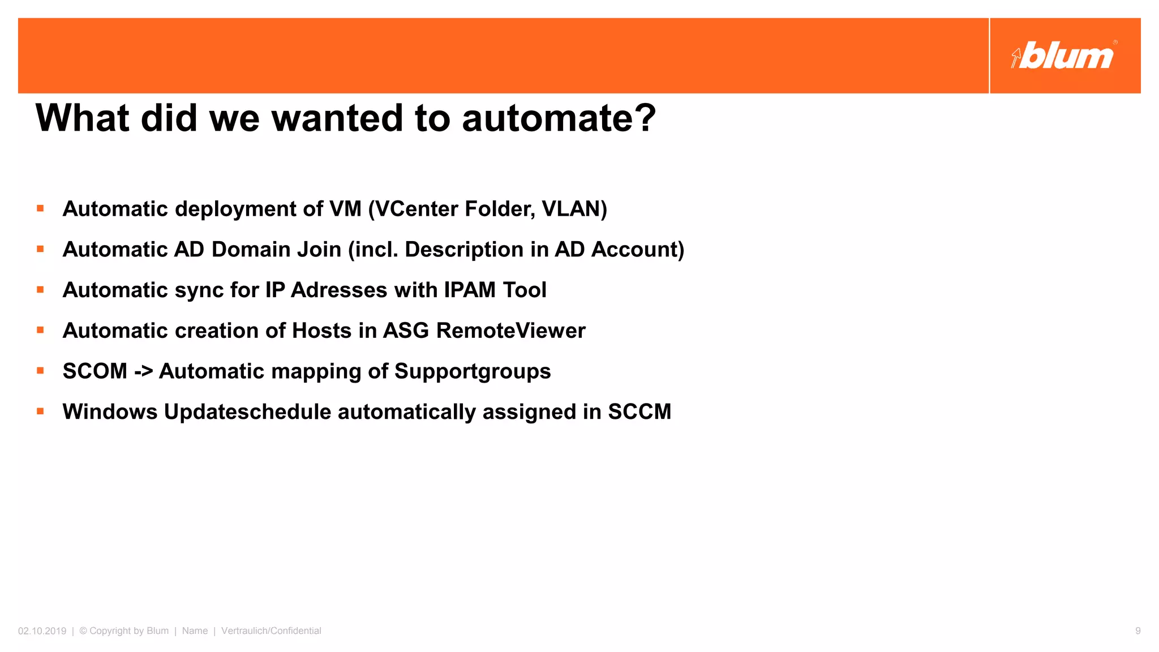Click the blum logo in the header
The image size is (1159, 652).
tap(1064, 55)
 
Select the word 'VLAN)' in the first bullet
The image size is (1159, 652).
tap(574, 209)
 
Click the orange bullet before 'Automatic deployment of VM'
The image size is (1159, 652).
tap(40, 208)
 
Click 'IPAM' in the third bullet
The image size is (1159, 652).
tap(470, 290)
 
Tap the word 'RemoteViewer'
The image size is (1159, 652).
tap(510, 331)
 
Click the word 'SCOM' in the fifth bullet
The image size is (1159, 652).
tap(95, 371)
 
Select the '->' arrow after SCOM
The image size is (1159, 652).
tap(143, 372)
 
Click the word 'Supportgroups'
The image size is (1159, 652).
tap(473, 372)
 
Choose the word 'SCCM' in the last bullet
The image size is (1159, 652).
tap(639, 412)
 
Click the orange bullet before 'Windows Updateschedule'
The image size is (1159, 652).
tap(40, 411)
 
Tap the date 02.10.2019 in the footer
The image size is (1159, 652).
tap(42, 631)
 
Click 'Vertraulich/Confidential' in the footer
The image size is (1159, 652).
tap(271, 631)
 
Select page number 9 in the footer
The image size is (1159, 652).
tap(1137, 631)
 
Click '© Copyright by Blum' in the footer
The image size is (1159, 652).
tap(124, 631)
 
